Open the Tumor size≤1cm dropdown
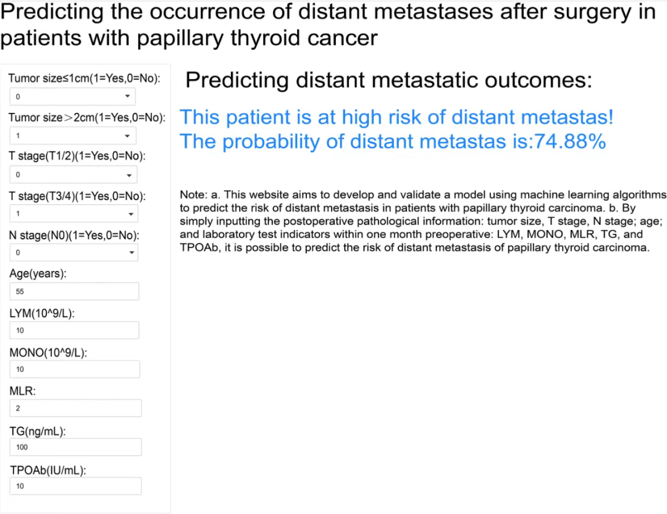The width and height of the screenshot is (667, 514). tap(72, 96)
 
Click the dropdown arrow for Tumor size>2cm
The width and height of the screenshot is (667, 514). tap(127, 136)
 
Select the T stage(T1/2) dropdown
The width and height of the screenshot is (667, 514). tap(73, 175)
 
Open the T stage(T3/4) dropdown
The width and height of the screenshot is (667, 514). tap(73, 213)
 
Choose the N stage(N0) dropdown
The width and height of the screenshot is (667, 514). tap(73, 252)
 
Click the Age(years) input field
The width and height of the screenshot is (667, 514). tap(74, 291)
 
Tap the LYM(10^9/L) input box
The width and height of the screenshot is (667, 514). tap(74, 330)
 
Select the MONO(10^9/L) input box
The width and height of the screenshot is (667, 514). tap(75, 369)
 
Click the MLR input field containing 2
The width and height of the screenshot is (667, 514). tap(75, 408)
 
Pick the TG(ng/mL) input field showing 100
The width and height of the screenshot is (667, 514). tap(75, 447)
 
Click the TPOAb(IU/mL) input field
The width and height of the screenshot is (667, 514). tap(75, 486)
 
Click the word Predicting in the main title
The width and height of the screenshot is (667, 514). tap(52, 12)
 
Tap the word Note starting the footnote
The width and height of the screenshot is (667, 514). tap(193, 195)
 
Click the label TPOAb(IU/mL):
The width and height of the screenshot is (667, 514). tap(48, 470)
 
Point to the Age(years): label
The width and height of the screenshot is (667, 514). tap(38, 274)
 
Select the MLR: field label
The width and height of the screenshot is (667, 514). tap(23, 391)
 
